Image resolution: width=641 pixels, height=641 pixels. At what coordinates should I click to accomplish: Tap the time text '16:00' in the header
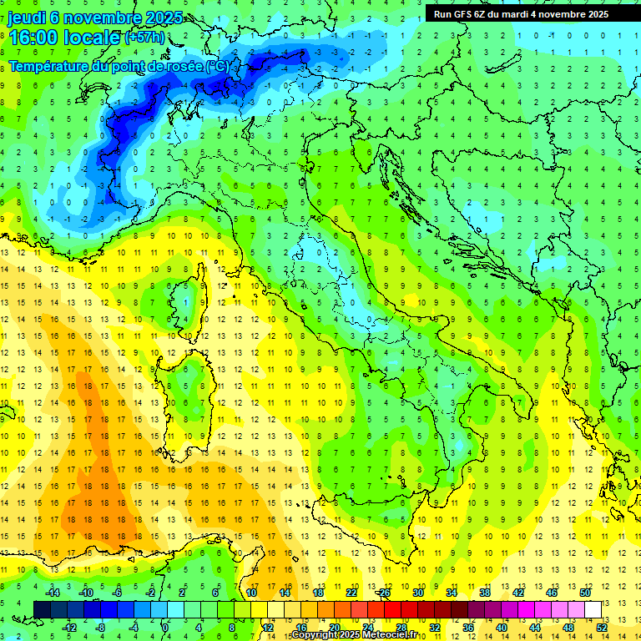(34, 38)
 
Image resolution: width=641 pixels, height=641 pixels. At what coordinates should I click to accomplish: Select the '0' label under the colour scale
(165, 627)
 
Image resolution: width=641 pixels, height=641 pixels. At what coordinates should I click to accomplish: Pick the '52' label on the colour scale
(602, 627)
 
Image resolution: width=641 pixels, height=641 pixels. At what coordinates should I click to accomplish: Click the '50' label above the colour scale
(585, 593)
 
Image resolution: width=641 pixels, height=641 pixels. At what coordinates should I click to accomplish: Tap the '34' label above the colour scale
(451, 593)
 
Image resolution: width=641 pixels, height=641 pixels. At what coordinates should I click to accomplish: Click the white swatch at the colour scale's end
(593, 609)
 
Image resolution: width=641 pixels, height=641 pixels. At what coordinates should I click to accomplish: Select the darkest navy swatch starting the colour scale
(43, 609)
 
